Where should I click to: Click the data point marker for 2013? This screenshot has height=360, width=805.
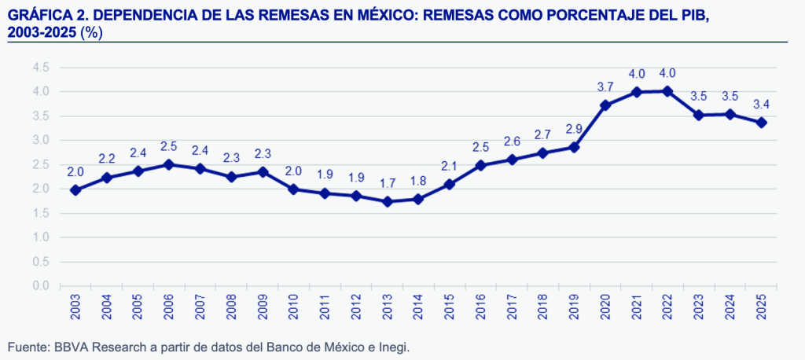388,201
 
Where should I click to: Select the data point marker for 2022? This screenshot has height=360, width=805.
667,91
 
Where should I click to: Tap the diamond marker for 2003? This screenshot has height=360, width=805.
75,189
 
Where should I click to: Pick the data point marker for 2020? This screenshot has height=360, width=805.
605,105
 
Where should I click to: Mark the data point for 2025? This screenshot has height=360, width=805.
761,123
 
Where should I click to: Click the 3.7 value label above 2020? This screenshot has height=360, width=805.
605,87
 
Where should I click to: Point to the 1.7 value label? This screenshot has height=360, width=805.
388,183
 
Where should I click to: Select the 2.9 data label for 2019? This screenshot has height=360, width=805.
574,128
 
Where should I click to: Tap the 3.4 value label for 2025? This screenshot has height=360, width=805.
761,105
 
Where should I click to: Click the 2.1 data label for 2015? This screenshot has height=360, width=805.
450,166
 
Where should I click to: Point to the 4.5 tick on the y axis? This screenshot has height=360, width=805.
41,68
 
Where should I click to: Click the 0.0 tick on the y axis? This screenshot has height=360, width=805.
41,286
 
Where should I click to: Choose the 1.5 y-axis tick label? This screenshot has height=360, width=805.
41,213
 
